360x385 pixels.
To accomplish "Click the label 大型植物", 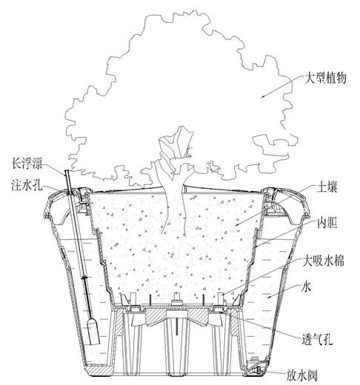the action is click(325, 78).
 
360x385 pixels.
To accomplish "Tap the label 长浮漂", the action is click(27, 164).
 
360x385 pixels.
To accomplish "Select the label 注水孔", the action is click(27, 185).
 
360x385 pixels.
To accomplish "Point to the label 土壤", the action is click(327, 187).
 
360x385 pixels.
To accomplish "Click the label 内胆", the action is click(327, 223).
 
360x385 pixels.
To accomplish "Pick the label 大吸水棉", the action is click(323, 261).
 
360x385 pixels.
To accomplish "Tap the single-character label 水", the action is click(307, 288).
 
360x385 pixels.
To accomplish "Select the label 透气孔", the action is click(317, 340).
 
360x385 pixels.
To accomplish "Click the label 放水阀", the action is click(301, 375).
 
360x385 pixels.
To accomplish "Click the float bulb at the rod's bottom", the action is click(93, 332).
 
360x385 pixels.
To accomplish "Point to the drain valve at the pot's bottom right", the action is click(258, 369).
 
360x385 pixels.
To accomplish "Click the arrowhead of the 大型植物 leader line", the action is click(263, 96).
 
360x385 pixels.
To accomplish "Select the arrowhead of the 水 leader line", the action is click(268, 298).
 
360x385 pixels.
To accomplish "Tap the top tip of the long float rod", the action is click(67, 170).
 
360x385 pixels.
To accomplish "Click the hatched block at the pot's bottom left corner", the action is click(101, 369).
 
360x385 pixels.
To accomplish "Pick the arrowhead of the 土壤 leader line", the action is click(236, 225).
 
